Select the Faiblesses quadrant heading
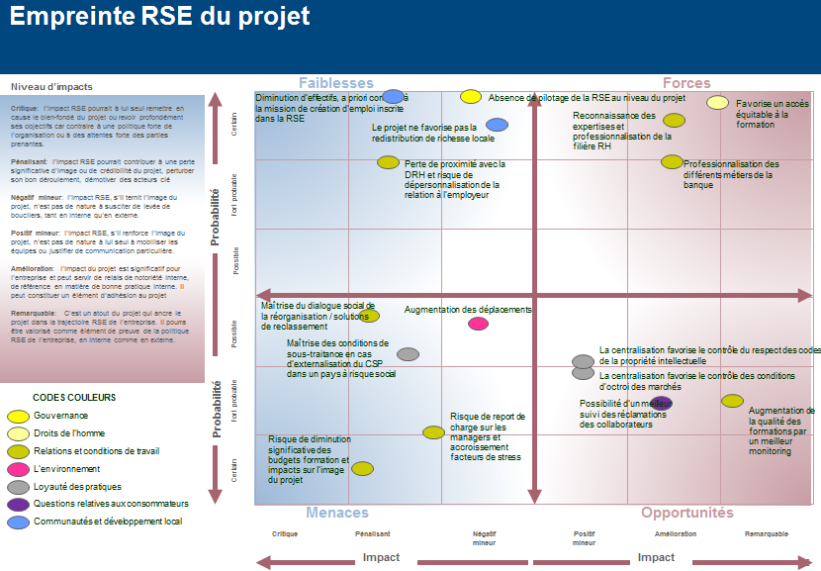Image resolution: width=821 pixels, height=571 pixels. pyautogui.click(x=336, y=83)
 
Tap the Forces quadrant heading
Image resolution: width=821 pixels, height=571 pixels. pyautogui.click(x=686, y=83)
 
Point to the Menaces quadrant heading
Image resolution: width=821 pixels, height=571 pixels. pyautogui.click(x=337, y=513)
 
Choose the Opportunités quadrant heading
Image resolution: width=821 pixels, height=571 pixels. pyautogui.click(x=687, y=513)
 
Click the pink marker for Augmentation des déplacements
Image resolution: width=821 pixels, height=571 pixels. pyautogui.click(x=478, y=324)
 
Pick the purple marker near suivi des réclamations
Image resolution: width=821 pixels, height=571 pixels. pyautogui.click(x=662, y=403)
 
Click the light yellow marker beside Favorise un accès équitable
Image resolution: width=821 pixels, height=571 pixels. pyautogui.click(x=718, y=102)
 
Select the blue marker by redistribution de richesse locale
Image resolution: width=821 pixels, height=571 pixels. pyautogui.click(x=497, y=125)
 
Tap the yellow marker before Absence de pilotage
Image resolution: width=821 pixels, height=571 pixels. pyautogui.click(x=471, y=97)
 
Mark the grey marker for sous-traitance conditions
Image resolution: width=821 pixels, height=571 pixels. pyautogui.click(x=408, y=354)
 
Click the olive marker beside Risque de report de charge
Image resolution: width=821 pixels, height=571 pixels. pyautogui.click(x=433, y=432)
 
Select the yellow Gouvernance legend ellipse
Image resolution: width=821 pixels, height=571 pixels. pyautogui.click(x=18, y=417)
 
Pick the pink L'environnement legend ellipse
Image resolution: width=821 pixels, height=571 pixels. pyautogui.click(x=18, y=469)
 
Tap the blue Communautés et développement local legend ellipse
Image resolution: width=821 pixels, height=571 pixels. pyautogui.click(x=18, y=522)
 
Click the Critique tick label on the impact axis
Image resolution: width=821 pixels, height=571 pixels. pyautogui.click(x=285, y=534)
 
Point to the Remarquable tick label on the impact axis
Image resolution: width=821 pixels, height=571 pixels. pyautogui.click(x=767, y=534)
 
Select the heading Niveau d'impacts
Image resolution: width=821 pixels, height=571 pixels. pyautogui.click(x=52, y=87)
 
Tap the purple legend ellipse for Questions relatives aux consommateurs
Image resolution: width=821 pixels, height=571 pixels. pyautogui.click(x=18, y=504)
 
